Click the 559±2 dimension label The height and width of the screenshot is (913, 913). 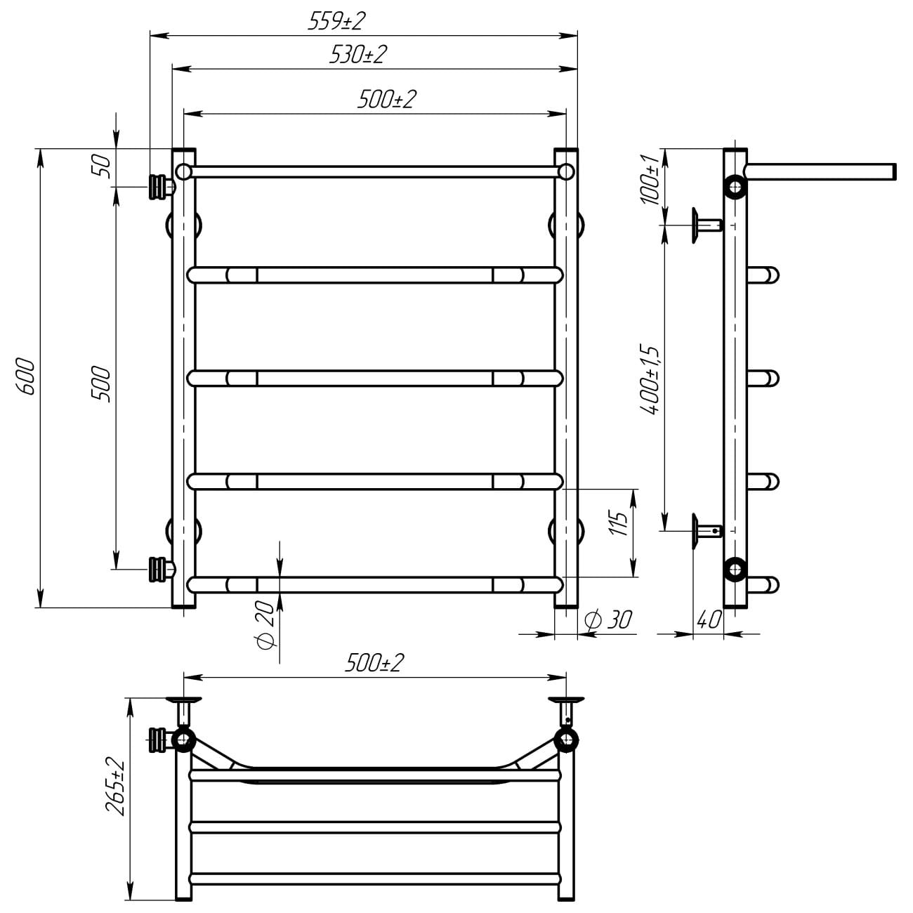[x=336, y=21]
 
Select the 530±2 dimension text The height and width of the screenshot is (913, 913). [x=358, y=55]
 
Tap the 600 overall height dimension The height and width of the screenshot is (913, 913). [x=25, y=377]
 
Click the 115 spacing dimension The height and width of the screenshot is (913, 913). [x=617, y=523]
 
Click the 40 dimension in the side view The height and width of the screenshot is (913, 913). [x=709, y=619]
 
